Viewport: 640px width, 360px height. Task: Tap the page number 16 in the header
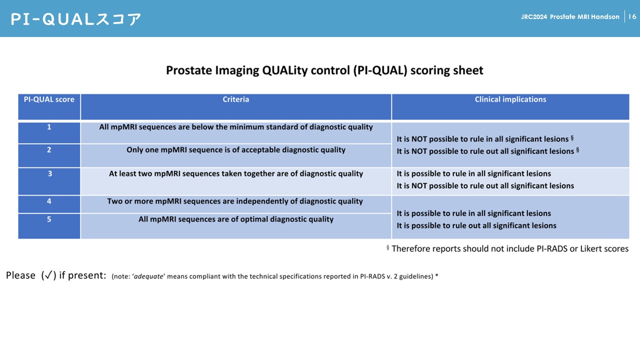[x=632, y=17]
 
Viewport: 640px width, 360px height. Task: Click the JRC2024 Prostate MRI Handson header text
[x=570, y=17]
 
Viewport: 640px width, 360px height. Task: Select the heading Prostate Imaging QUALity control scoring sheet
[x=324, y=70]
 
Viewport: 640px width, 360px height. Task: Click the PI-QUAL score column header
[x=49, y=99]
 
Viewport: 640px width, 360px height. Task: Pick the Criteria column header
[x=235, y=99]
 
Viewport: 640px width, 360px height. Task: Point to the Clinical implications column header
[x=510, y=99]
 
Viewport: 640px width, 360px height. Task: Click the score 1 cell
[x=49, y=127]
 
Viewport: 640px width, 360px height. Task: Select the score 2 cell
[x=49, y=150]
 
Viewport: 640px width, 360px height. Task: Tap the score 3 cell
[x=49, y=174]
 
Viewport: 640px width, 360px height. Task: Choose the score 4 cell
[x=49, y=201]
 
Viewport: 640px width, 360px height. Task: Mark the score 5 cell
[x=49, y=219]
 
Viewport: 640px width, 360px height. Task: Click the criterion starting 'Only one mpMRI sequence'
[x=235, y=150]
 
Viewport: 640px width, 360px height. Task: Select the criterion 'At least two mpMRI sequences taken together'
[x=235, y=174]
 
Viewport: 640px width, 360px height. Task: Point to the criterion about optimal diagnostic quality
[x=235, y=219]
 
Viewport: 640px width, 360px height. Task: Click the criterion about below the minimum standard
[x=235, y=127]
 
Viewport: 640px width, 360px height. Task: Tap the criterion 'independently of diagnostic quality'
[x=235, y=201]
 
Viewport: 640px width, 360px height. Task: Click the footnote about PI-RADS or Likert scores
[x=509, y=248]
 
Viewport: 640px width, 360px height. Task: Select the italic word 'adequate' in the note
[x=149, y=276]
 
